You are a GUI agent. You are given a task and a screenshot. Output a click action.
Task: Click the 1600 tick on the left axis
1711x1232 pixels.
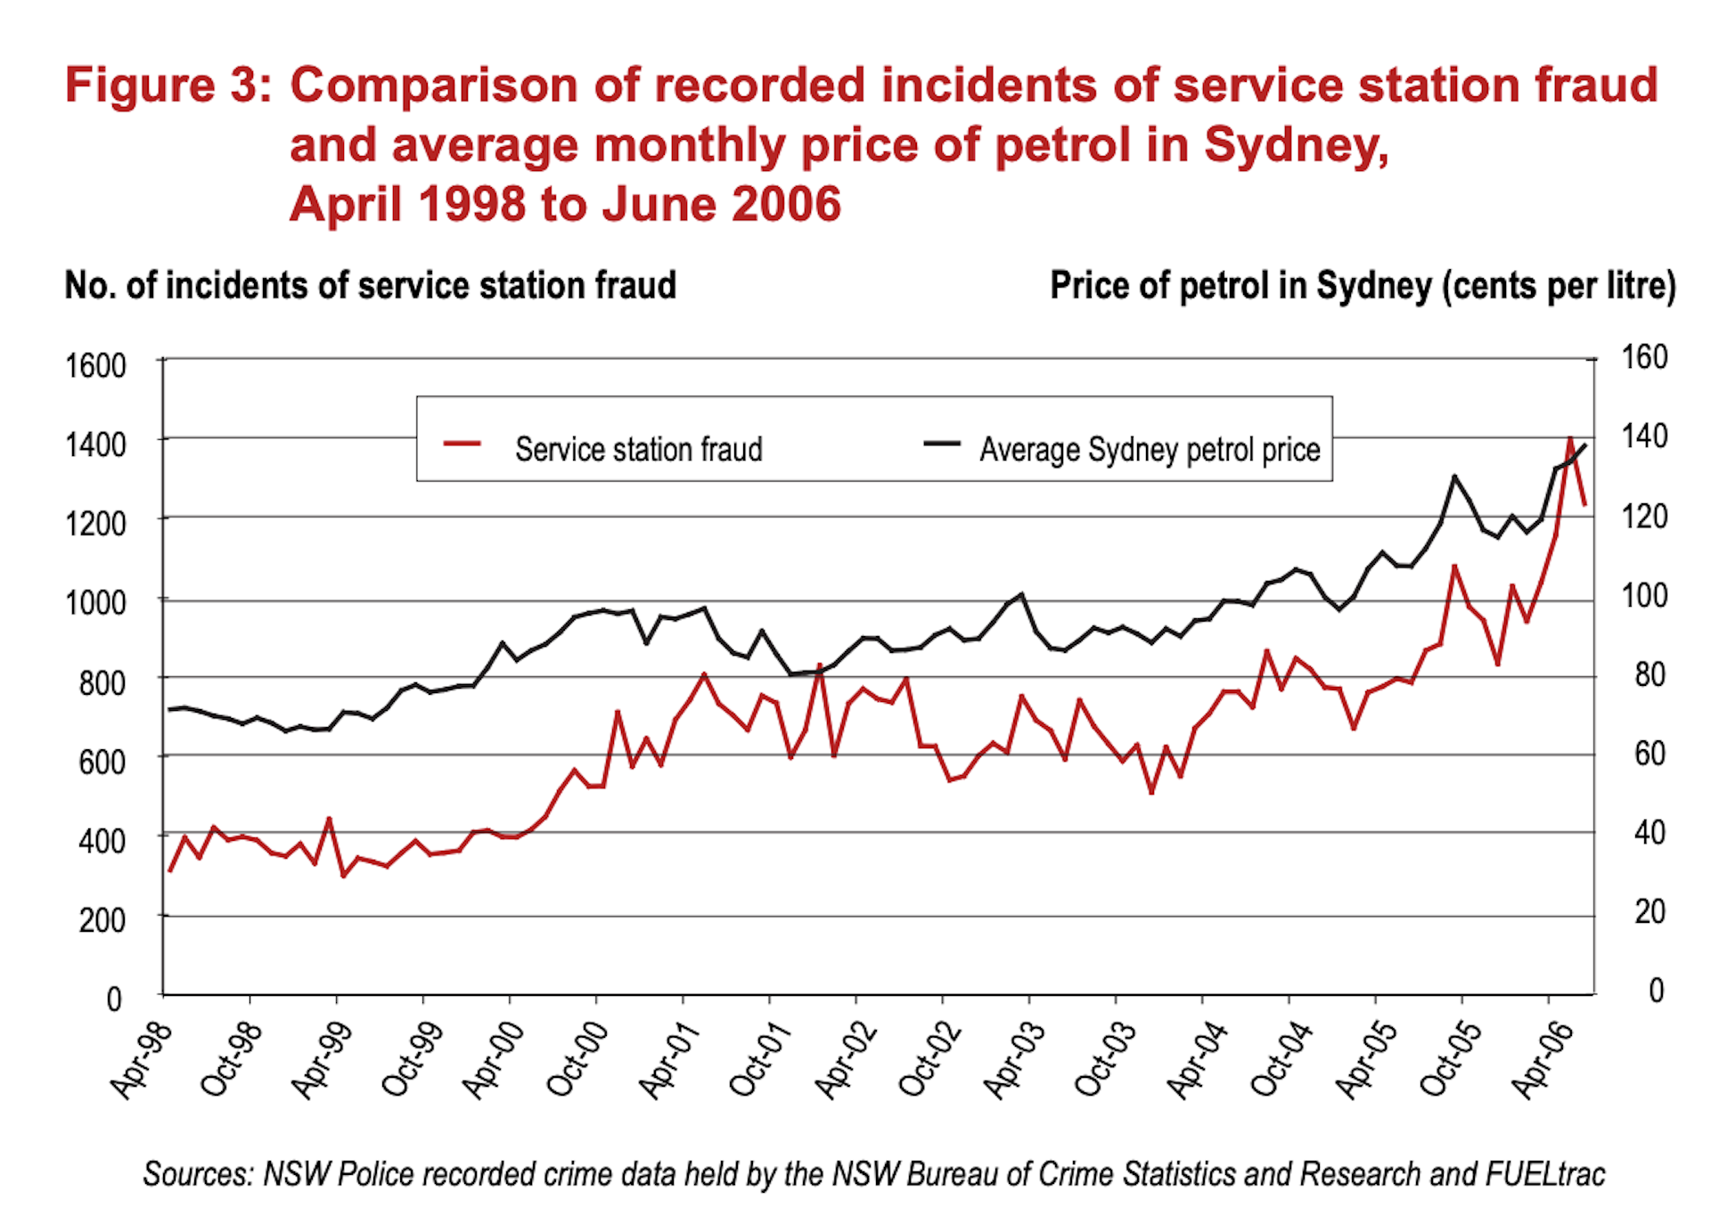(x=95, y=365)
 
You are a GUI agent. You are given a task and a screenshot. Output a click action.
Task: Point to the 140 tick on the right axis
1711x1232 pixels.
(x=1643, y=437)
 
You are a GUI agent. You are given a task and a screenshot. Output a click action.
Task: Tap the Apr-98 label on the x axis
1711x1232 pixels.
(x=141, y=1059)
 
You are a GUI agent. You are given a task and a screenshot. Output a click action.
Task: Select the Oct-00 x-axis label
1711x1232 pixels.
(x=577, y=1059)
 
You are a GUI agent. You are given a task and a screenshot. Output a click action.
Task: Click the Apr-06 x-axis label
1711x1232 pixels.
(x=1543, y=1059)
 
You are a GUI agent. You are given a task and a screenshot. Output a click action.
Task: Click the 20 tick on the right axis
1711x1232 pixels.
(x=1650, y=911)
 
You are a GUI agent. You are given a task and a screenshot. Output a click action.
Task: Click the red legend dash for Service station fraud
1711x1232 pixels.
(x=463, y=444)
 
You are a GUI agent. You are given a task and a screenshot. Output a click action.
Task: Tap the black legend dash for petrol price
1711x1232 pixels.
(x=941, y=444)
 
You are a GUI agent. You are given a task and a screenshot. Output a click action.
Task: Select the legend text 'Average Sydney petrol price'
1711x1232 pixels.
(x=1150, y=450)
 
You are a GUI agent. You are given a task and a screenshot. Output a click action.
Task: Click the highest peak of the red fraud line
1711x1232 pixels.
(x=1570, y=437)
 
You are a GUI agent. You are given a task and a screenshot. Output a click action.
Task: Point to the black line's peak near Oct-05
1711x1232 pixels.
(x=1454, y=477)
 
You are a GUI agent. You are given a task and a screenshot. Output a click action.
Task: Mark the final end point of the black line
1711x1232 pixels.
(x=1584, y=445)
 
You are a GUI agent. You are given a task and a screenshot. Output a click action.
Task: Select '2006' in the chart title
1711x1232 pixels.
(x=786, y=204)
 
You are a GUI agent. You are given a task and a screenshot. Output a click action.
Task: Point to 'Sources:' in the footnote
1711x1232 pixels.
(x=199, y=1174)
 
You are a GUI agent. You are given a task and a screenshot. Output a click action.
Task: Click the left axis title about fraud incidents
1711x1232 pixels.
(x=370, y=286)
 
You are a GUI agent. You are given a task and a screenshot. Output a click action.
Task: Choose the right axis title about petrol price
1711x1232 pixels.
(x=1363, y=286)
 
